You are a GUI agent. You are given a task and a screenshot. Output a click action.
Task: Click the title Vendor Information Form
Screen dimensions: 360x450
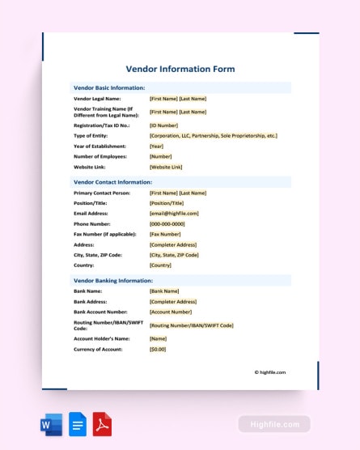click(x=180, y=69)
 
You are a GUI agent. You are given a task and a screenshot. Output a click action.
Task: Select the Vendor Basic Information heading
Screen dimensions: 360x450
click(x=109, y=87)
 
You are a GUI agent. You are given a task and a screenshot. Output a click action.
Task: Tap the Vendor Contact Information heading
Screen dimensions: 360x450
click(x=112, y=182)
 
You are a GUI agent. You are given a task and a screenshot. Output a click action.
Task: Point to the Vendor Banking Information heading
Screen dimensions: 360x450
click(x=112, y=280)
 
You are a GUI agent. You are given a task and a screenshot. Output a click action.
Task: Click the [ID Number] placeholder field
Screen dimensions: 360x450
click(x=164, y=125)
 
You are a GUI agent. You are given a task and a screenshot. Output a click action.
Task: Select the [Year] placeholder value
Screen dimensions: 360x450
click(x=157, y=146)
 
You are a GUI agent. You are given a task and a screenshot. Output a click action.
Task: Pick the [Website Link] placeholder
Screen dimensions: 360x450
click(x=166, y=167)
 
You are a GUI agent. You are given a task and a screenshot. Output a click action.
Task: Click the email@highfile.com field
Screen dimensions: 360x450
click(x=174, y=214)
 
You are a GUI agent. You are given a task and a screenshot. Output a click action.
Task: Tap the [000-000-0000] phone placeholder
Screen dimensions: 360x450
click(x=167, y=223)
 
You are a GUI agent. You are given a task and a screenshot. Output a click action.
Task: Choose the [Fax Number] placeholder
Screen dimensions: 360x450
click(x=165, y=234)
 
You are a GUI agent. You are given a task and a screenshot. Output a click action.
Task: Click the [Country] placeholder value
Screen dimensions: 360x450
click(x=161, y=265)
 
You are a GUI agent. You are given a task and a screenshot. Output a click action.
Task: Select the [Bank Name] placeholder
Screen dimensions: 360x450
click(x=164, y=291)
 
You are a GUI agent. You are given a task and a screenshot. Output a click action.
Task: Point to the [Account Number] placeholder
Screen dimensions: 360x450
click(x=171, y=312)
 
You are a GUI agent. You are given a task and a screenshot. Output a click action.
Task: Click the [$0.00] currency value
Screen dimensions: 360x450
click(x=158, y=349)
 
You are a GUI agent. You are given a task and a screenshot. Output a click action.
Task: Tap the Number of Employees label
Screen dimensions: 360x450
click(x=103, y=156)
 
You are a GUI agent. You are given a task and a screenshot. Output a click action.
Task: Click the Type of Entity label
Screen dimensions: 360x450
click(x=91, y=135)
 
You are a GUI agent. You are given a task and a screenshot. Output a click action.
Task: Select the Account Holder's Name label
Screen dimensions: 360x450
click(x=101, y=338)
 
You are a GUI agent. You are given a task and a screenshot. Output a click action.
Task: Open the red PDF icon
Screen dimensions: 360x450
click(x=103, y=424)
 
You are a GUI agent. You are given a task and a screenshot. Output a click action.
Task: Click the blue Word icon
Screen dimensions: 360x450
click(x=50, y=424)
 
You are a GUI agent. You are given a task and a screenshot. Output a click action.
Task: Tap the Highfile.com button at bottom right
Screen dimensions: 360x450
click(x=274, y=424)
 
